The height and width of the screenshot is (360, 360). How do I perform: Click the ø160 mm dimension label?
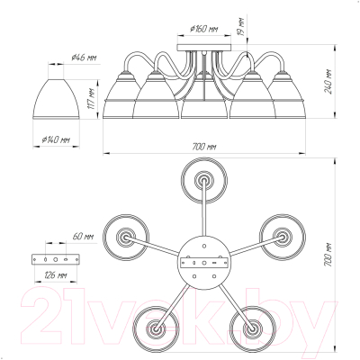[204, 29]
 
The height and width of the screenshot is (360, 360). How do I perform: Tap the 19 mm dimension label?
[242, 26]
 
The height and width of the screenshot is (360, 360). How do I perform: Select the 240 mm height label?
[328, 82]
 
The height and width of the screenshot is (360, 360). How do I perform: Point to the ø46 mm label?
[84, 58]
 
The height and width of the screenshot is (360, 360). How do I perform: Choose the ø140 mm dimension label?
[56, 139]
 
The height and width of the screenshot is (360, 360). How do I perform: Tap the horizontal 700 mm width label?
[204, 147]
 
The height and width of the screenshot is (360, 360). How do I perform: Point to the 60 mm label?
[83, 237]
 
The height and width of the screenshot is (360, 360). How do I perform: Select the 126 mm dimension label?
[55, 274]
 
